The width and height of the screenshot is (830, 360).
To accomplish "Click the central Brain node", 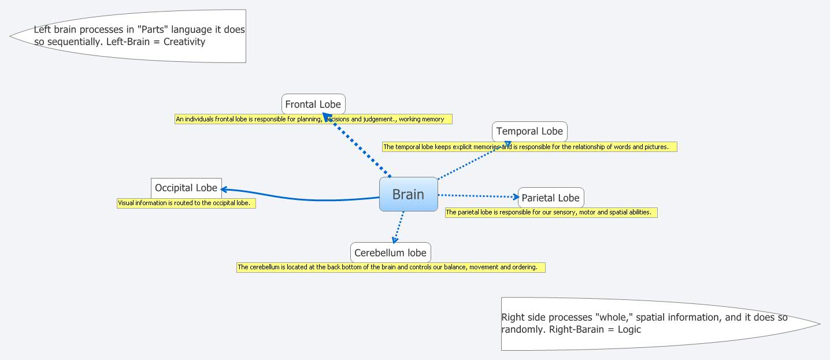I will [x=408, y=194].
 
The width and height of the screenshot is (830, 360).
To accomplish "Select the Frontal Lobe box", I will [x=313, y=105].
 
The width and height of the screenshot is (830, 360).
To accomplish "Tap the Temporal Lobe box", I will [x=529, y=132].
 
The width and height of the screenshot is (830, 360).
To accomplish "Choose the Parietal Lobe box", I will [x=550, y=198].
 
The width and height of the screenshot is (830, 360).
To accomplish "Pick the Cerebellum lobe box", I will [x=390, y=253].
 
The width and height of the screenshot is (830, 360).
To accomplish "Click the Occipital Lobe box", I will [x=186, y=188].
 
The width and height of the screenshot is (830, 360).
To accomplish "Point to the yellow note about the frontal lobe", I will [x=313, y=119].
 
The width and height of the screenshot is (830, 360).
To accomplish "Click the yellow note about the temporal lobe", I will [x=529, y=147].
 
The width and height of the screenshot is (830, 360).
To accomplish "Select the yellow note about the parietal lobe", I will [x=551, y=212].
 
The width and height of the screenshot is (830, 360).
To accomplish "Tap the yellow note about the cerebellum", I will [x=391, y=267].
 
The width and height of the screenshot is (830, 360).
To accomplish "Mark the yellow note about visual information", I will [x=186, y=203].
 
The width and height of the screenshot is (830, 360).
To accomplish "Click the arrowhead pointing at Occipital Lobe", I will [x=225, y=189].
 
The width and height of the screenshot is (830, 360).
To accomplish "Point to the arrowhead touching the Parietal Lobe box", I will [x=516, y=197].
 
